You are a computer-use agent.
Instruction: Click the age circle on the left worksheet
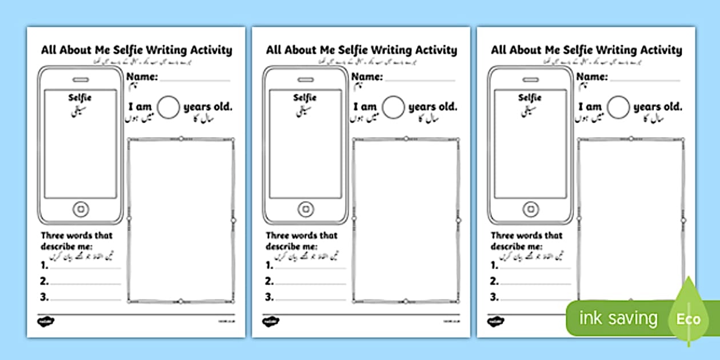click(169, 107)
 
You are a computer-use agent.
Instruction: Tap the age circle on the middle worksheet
click(394, 107)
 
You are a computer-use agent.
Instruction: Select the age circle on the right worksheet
click(619, 107)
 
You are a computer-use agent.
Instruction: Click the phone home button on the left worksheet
click(80, 209)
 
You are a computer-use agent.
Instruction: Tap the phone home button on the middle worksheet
click(305, 209)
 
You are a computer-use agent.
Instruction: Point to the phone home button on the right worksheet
click(530, 209)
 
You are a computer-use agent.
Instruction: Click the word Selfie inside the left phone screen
click(80, 98)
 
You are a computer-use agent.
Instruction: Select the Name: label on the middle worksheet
click(367, 77)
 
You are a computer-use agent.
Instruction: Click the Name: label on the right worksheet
click(592, 77)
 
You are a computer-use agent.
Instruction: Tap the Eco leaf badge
click(689, 318)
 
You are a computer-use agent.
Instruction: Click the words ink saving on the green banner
click(618, 318)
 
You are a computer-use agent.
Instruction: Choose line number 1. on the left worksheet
click(45, 266)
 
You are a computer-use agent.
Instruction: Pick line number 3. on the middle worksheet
click(270, 297)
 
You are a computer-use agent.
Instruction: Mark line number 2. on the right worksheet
click(495, 281)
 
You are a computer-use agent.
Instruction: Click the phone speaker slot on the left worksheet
click(80, 79)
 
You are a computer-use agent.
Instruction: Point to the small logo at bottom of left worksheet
click(45, 322)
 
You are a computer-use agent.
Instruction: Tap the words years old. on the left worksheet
click(208, 107)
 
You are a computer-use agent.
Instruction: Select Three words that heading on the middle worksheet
click(302, 235)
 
